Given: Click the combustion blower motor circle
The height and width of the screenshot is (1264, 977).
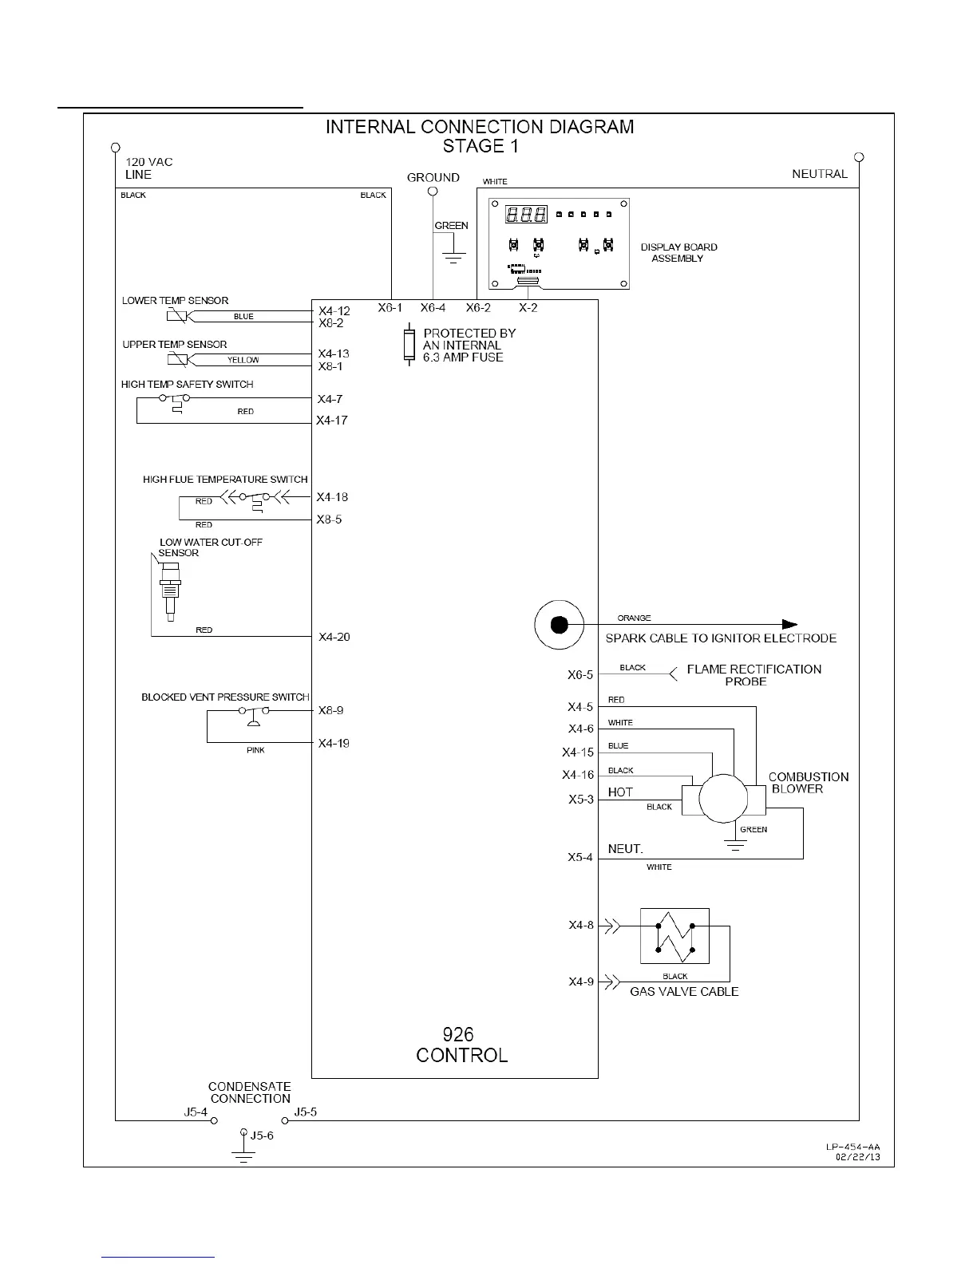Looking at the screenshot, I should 723,798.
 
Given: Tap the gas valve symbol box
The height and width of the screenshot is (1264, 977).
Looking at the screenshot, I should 674,935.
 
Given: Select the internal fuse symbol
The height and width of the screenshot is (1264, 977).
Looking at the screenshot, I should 409,345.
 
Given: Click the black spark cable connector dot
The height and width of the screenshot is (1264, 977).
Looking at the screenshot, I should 560,625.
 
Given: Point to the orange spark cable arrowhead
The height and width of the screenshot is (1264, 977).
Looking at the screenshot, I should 789,625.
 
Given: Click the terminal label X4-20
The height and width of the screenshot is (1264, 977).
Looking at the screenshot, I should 334,637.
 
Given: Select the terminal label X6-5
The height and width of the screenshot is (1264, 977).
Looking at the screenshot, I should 580,675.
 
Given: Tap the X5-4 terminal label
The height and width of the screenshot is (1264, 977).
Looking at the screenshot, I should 580,858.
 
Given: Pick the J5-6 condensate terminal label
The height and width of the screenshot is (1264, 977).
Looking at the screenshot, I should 262,1136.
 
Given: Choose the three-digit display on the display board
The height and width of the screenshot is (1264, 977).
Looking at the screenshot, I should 526,215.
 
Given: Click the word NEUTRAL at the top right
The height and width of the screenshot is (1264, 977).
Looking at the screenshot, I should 819,174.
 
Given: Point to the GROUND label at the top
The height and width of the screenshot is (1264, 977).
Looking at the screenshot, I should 433,177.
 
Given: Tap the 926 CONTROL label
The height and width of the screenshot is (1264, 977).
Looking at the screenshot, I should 461,1045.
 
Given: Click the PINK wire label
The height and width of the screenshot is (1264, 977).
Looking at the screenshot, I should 255,750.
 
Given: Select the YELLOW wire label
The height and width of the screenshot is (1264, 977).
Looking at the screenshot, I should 243,360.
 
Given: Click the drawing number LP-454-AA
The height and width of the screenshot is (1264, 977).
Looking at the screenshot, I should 852,1147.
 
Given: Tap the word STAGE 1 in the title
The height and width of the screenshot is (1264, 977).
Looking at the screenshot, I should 474,146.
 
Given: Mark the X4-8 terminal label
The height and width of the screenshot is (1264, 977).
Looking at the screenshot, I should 581,926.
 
